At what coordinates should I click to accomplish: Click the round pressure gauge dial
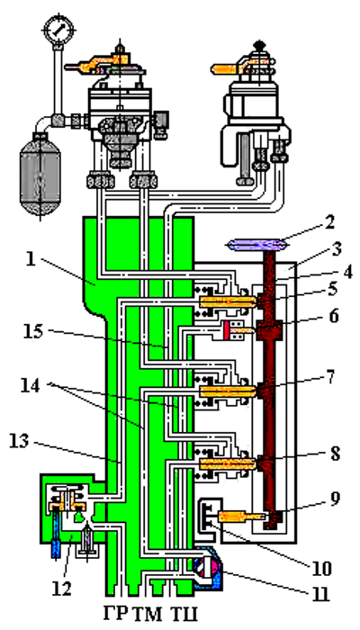(59, 30)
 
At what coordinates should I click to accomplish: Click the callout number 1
(31, 259)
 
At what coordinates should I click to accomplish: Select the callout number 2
(329, 222)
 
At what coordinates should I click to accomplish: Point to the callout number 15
(34, 332)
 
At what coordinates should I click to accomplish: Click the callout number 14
(30, 386)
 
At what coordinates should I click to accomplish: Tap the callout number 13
(18, 441)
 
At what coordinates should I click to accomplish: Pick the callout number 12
(62, 589)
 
